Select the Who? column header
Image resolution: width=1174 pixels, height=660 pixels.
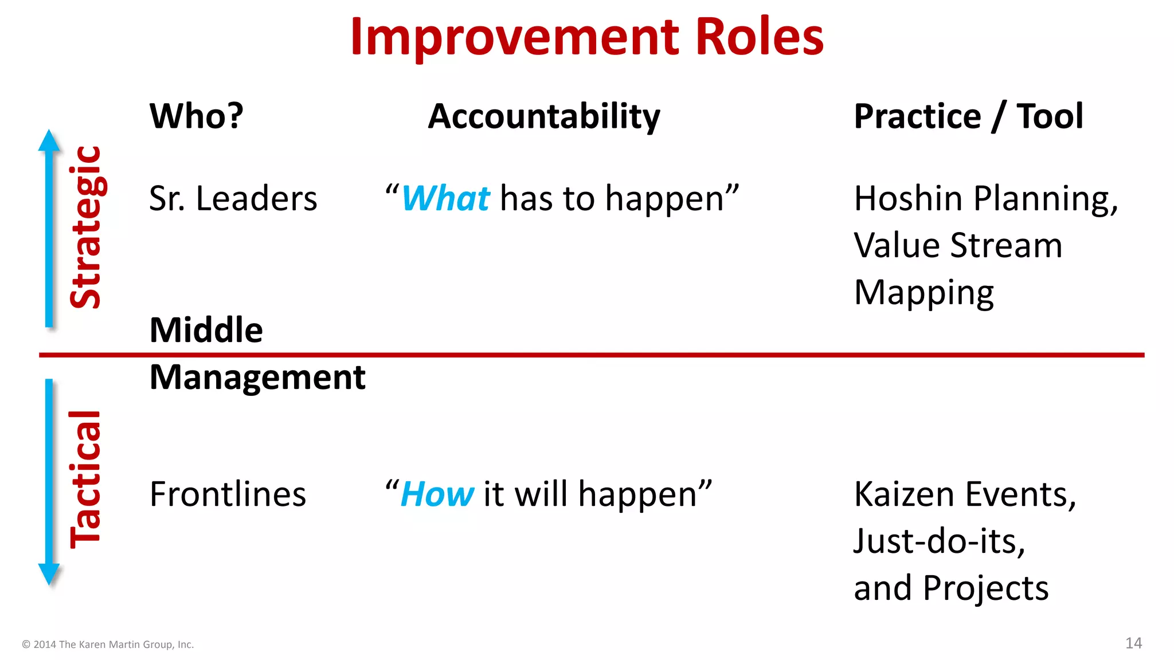click(197, 116)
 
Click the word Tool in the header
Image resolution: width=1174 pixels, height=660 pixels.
click(1050, 116)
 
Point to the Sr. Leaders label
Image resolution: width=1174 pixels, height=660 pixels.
click(233, 199)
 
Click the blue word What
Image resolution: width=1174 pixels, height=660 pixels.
click(446, 199)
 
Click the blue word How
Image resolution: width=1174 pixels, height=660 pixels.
click(437, 494)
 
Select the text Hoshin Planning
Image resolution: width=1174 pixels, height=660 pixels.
click(985, 199)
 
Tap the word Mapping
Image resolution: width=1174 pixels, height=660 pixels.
click(923, 293)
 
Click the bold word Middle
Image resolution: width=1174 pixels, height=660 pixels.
click(206, 330)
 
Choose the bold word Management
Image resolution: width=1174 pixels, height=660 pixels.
click(257, 378)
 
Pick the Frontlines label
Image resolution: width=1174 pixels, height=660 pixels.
click(228, 494)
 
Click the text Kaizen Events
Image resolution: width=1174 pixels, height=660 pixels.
click(965, 494)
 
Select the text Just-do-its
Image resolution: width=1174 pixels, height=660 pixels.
click(939, 541)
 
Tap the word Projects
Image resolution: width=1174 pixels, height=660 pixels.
click(985, 588)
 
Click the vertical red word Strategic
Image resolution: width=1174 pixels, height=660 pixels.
click(86, 227)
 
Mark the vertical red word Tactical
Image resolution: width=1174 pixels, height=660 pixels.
click(86, 480)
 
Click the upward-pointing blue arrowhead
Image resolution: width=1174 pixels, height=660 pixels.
click(49, 140)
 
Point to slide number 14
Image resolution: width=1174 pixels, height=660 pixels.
click(1133, 643)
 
